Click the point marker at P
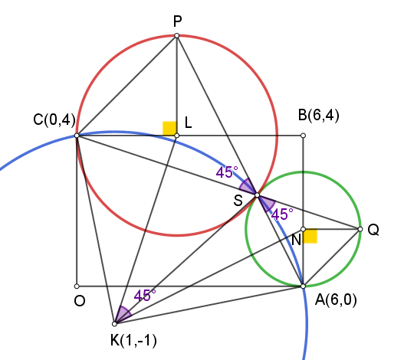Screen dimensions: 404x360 coord(177,35)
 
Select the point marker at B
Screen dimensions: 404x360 coord(304,136)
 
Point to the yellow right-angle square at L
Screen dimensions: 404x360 coord(169,128)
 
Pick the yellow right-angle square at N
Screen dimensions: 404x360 coord(310,236)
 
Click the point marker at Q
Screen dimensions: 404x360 coord(360,229)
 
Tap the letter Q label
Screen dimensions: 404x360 coord(373,230)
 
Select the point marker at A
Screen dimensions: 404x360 coord(304,286)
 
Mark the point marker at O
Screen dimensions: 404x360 coord(77,286)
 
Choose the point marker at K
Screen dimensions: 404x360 coord(115,324)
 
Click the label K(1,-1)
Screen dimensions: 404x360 coord(133,341)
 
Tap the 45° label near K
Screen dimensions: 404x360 coord(145,296)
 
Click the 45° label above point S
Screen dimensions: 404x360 coord(227,172)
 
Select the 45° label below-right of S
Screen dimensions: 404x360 coord(282,214)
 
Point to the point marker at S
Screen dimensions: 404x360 coord(257,195)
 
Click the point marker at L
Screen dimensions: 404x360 coord(177,136)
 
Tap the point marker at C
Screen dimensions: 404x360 coord(77,136)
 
